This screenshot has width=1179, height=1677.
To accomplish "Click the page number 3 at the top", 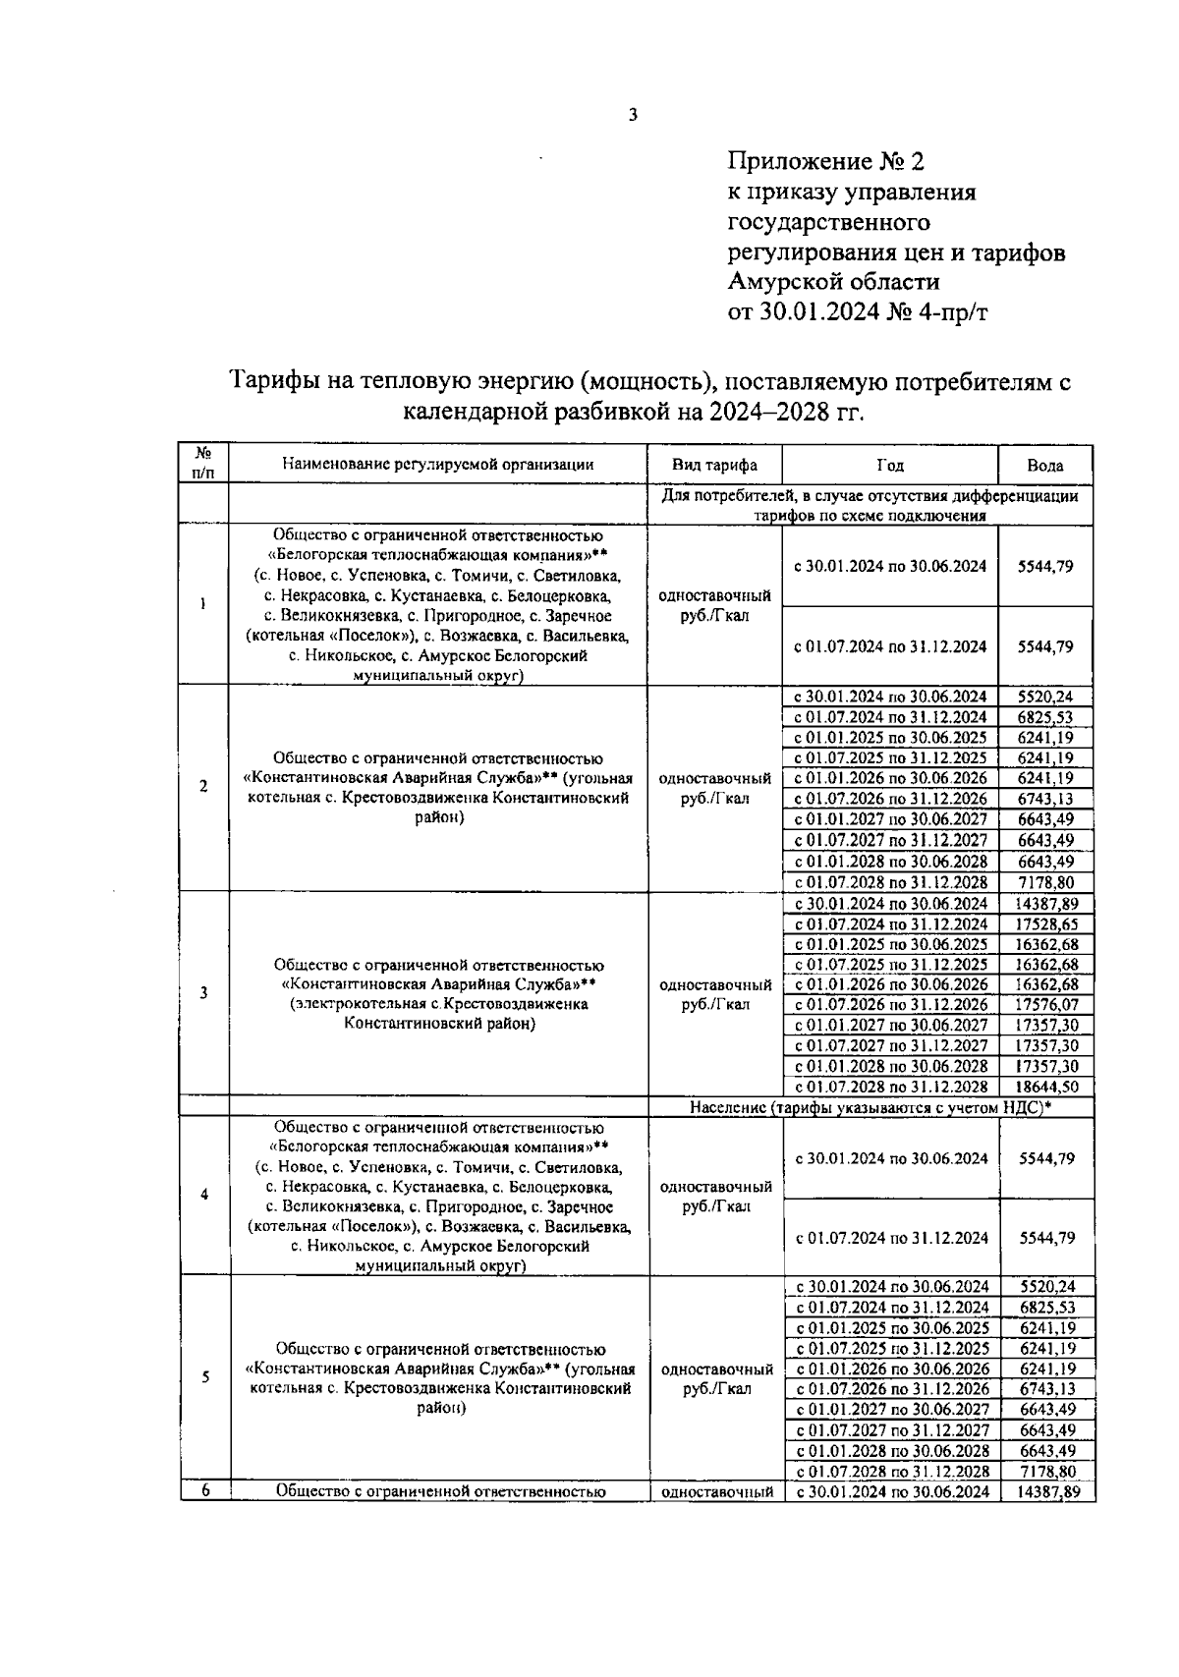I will (x=633, y=115).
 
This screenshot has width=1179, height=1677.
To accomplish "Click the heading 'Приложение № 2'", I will (x=825, y=161).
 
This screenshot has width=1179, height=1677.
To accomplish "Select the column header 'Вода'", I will (x=1045, y=467).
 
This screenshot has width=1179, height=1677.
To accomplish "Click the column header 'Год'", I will (x=890, y=466).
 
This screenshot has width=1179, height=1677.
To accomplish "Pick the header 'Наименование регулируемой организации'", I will (x=438, y=465).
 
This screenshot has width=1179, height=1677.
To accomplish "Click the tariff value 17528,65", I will (x=1046, y=924).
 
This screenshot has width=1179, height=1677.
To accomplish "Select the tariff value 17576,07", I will (x=1046, y=1005).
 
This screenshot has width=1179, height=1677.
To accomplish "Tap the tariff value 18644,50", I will (x=1046, y=1087).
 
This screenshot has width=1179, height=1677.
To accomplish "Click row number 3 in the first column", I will (x=203, y=992).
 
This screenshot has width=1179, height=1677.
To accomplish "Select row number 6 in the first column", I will (x=205, y=1490).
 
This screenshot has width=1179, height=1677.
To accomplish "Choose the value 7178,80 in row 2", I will (x=1046, y=882).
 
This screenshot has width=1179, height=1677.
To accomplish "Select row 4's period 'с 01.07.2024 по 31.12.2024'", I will (x=891, y=1239).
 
